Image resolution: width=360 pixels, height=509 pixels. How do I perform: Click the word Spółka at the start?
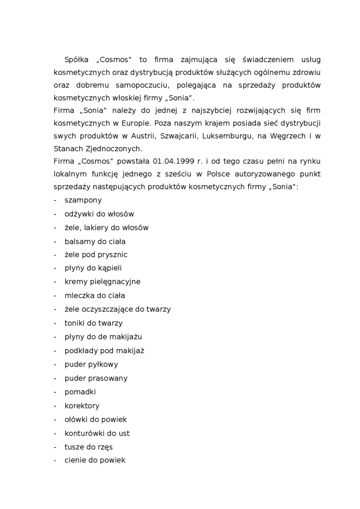pos(76,60)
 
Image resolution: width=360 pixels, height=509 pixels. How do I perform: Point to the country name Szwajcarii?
pos(168,136)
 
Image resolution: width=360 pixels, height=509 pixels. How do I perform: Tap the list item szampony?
pos(83,200)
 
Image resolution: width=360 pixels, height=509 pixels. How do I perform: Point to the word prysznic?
pos(113,255)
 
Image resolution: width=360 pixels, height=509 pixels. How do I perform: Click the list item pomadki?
pos(81,392)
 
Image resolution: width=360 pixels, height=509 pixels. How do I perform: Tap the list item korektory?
pos(82,406)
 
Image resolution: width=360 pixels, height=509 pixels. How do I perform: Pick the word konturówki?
pos(84,433)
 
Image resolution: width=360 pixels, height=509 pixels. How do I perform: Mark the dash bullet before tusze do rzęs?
pos(55,447)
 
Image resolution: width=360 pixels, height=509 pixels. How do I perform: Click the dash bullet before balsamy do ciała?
pos(55,241)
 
